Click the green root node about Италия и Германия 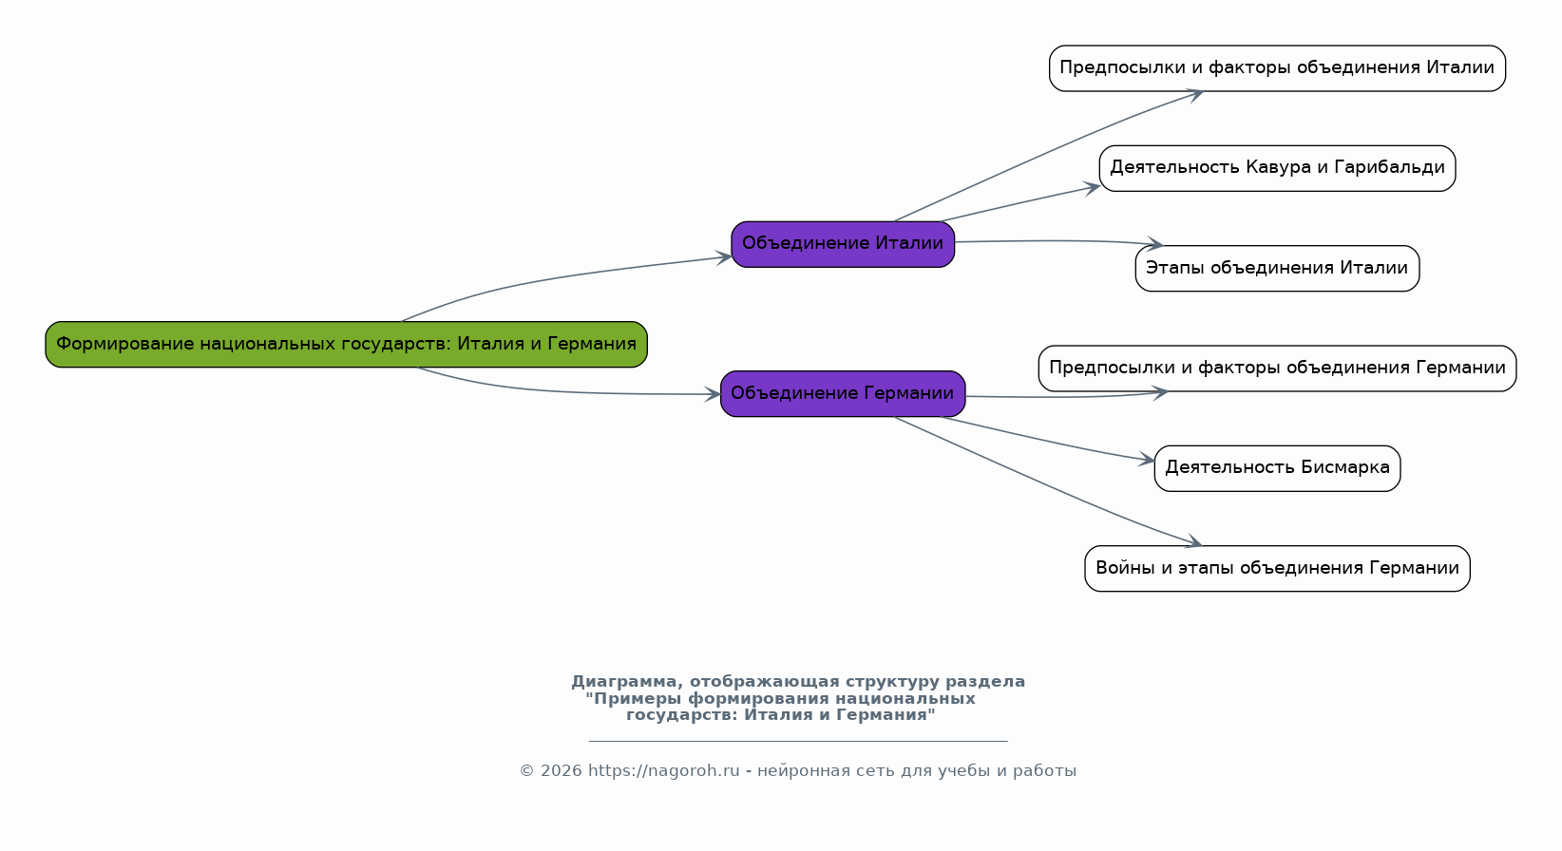coord(346,344)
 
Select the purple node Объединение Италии coord(842,244)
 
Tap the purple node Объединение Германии coord(842,393)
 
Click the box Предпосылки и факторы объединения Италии coord(1276,68)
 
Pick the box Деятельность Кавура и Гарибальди coord(1276,168)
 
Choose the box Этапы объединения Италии coord(1276,268)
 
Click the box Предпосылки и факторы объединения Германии coord(1276,368)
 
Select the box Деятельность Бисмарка coord(1276,467)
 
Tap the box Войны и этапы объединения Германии coord(1276,568)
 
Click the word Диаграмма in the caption coord(623,682)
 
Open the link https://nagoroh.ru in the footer coord(663,771)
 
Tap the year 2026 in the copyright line coord(561,771)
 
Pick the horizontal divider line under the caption coord(798,740)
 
